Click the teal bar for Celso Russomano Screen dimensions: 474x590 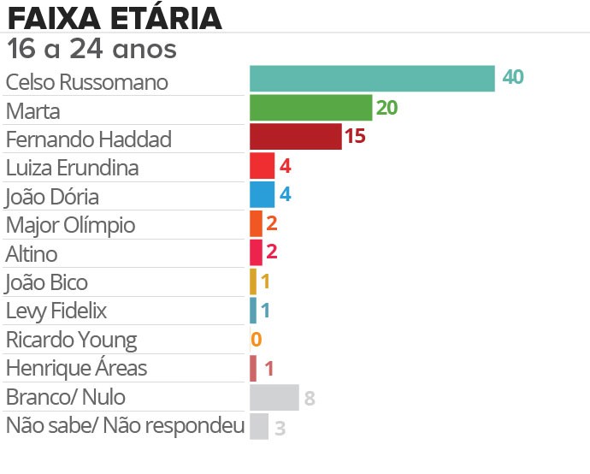click(372, 78)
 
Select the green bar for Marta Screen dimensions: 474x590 click(310, 107)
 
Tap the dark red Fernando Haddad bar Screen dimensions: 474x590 click(295, 136)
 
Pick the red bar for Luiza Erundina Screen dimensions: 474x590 click(262, 165)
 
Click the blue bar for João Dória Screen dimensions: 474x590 click(262, 194)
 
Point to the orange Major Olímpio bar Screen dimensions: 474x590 click(256, 223)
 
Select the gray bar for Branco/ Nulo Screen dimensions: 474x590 click(274, 398)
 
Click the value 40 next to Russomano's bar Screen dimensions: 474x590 click(513, 77)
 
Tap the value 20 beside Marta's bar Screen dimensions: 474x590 click(387, 107)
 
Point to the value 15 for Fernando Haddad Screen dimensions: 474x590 click(355, 136)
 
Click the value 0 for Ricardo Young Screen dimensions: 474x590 click(256, 340)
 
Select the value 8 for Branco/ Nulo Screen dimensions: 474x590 click(310, 398)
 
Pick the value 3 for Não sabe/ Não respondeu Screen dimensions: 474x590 click(280, 427)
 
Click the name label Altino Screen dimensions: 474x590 click(32, 254)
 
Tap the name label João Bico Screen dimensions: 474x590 click(46, 282)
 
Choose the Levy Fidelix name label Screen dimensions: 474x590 click(56, 311)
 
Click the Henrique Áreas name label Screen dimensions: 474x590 click(76, 369)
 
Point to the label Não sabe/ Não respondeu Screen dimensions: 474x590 click(125, 425)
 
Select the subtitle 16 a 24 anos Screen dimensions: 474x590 click(91, 49)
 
